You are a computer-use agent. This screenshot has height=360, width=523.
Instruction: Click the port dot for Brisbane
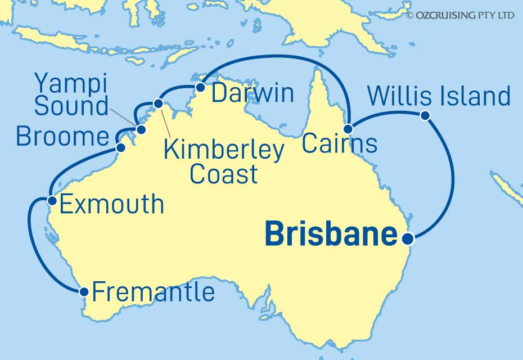409,238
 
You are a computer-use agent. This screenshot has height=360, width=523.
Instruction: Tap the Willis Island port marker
425,116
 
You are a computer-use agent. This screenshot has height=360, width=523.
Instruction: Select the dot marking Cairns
349,129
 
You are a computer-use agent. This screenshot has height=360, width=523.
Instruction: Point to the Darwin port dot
200,87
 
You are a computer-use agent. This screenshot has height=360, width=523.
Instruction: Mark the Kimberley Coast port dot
158,103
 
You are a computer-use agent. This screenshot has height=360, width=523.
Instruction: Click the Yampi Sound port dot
141,130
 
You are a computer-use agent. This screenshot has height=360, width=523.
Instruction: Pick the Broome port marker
120,147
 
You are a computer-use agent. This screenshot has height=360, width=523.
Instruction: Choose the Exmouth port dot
51,200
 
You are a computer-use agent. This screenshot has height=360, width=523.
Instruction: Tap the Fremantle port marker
84,291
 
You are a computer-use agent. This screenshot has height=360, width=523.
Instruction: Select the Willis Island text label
439,96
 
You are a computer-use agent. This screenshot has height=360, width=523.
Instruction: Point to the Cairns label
339,144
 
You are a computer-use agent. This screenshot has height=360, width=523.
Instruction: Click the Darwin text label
252,93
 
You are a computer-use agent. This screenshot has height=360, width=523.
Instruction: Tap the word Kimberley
223,151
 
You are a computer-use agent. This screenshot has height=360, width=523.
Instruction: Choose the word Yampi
71,83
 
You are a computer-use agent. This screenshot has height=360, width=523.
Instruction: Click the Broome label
62,137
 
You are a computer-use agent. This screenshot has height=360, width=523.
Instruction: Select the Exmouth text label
111,205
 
